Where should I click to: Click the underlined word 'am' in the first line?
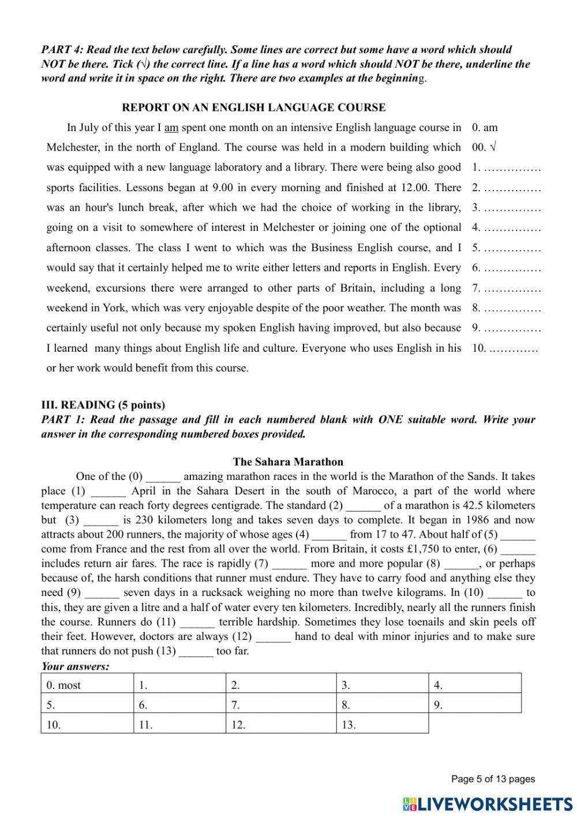coord(171,128)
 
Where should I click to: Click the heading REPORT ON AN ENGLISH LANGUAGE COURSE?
coord(254,107)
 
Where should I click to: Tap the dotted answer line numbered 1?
coord(512,168)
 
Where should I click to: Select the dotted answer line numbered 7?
coord(512,288)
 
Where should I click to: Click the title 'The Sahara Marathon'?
coord(288,462)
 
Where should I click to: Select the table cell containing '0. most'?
coord(87,685)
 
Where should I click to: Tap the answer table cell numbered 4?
coord(475,685)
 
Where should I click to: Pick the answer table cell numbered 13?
coord(382,724)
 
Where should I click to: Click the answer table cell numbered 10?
coord(87,724)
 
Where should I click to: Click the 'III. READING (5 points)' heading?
coord(103,405)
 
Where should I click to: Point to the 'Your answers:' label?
coord(75,666)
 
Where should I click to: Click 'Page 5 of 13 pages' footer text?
coord(493,779)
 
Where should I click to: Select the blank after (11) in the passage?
coord(197,622)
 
